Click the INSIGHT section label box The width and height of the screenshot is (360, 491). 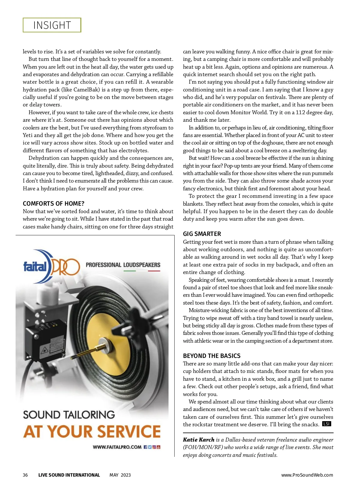pos(52,25)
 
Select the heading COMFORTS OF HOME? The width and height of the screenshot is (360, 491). pos(53,204)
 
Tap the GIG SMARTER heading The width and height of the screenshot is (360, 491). pos(202,234)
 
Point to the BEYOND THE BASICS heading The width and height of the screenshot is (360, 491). pos(211,356)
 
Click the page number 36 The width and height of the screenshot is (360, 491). pos(25,475)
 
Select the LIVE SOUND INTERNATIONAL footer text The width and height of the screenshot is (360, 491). pos(69,475)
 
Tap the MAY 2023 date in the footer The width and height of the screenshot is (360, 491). pos(120,475)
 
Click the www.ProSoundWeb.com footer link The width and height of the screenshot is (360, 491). pos(307,475)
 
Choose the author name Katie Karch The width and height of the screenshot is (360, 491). pos(199,440)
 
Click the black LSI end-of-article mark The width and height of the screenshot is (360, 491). pos(326,424)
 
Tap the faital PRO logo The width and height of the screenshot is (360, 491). pos(52,266)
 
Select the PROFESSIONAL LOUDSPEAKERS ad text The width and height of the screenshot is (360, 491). pos(123,265)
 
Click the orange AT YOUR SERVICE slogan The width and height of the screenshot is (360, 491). pos(92,432)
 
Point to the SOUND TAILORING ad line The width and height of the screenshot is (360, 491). pos(69,415)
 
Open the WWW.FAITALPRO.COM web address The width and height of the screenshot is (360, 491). pos(117,447)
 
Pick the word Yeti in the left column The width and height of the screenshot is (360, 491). pos(28,135)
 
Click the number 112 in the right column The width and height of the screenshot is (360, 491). pos(301,112)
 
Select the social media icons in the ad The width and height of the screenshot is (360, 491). pos(152,447)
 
